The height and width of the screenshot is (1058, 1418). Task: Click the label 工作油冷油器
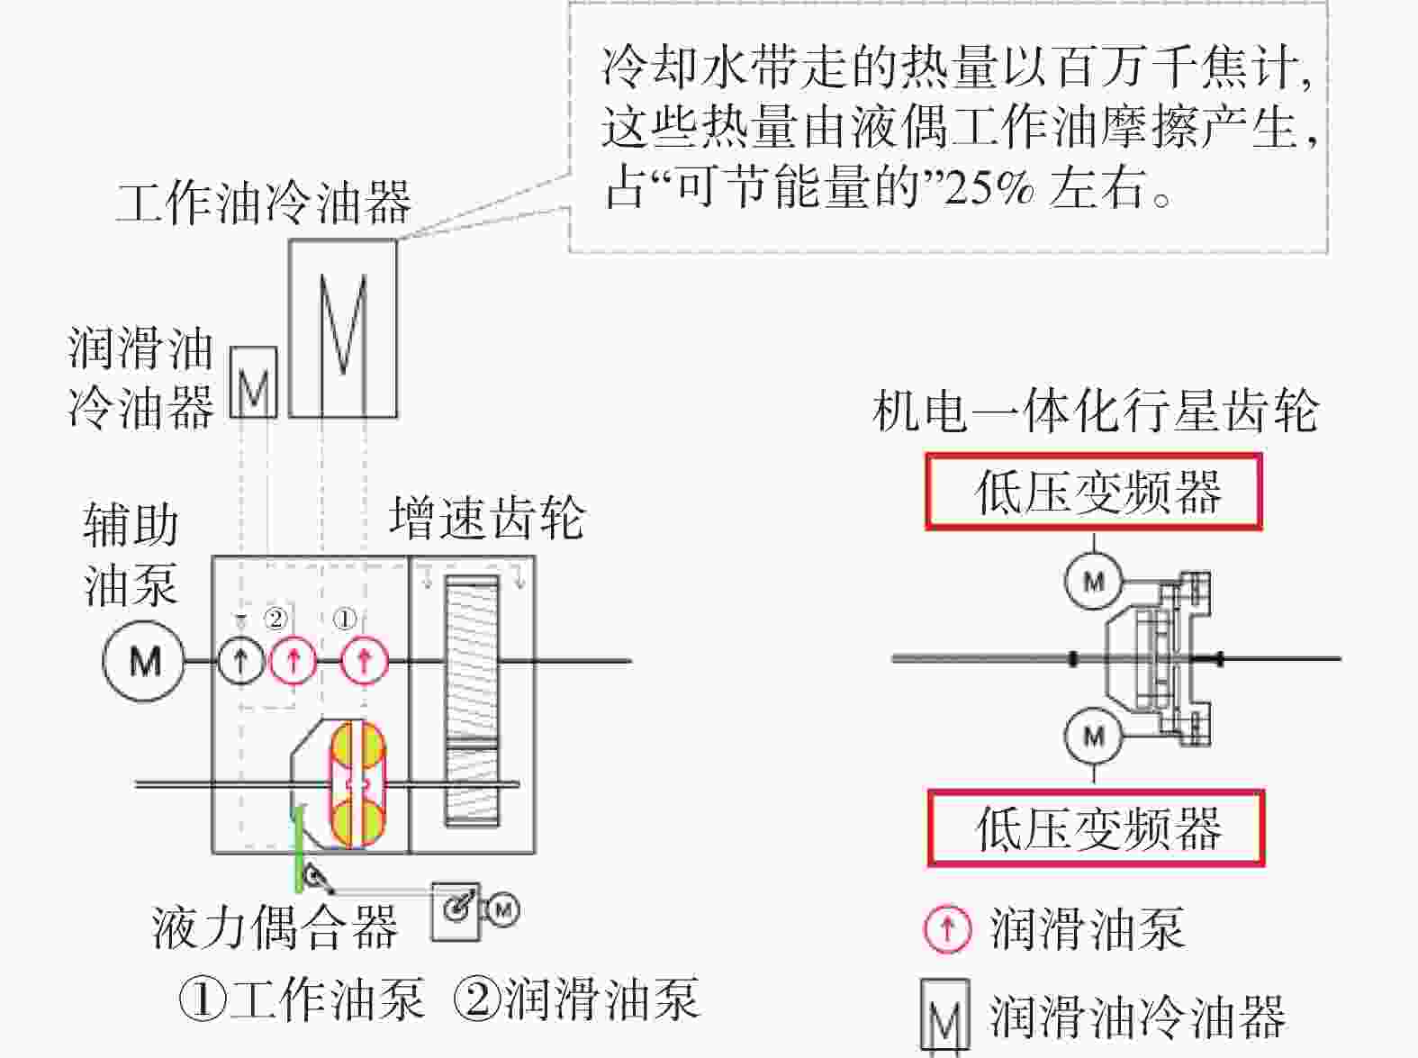coord(264,203)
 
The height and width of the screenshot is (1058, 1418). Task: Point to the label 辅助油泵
coord(131,555)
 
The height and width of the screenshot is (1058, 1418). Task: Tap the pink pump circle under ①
coord(365,660)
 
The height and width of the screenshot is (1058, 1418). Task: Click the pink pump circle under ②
coord(293,660)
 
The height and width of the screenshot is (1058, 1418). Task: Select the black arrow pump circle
coord(241,660)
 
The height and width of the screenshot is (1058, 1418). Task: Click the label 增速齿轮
coord(488,518)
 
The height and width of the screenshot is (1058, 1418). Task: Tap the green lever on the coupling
coord(299,849)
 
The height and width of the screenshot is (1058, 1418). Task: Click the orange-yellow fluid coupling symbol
coord(357,783)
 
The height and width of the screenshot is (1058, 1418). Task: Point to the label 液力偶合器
coord(275,927)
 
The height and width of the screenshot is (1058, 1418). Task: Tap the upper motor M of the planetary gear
coord(1093,582)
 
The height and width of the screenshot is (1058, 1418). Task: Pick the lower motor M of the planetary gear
coord(1093,736)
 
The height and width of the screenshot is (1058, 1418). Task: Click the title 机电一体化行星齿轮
coord(1096,411)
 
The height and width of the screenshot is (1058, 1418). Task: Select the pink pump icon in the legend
coord(947,929)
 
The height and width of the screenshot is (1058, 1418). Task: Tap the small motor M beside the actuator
coord(503,910)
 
